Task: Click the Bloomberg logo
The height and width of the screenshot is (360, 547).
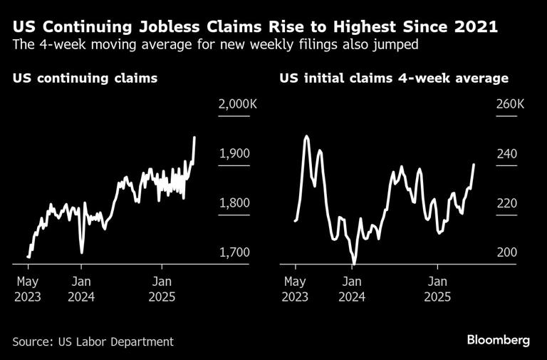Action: pyautogui.click(x=498, y=340)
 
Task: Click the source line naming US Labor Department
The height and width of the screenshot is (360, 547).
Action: pyautogui.click(x=93, y=341)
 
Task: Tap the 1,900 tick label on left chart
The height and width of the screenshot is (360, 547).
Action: pyautogui.click(x=234, y=153)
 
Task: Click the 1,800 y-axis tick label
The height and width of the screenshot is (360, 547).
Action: pyautogui.click(x=234, y=203)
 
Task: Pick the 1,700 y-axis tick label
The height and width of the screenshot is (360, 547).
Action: pyautogui.click(x=234, y=252)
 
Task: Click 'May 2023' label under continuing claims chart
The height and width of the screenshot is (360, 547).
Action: pyautogui.click(x=28, y=289)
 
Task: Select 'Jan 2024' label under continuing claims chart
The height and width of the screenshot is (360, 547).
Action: pyautogui.click(x=81, y=289)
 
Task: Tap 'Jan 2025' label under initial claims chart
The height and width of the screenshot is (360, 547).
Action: pyautogui.click(x=437, y=289)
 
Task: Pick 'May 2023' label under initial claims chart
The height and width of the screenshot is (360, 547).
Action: pyautogui.click(x=296, y=289)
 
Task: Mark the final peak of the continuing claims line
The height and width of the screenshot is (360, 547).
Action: pyautogui.click(x=194, y=137)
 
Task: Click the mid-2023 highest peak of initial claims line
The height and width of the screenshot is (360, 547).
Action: pyautogui.click(x=306, y=136)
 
